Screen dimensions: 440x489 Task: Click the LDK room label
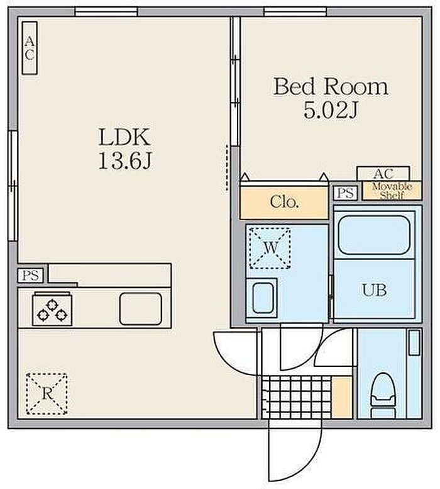[124, 137]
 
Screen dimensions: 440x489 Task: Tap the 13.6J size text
[124, 160]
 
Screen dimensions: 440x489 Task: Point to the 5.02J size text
[330, 110]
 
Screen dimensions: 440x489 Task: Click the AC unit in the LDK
[30, 48]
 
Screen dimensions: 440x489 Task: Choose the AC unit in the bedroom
[383, 174]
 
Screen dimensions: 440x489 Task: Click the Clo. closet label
[284, 202]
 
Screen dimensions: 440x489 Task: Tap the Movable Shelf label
[392, 191]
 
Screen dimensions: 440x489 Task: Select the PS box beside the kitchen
[30, 276]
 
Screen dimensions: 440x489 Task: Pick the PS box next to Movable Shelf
[346, 193]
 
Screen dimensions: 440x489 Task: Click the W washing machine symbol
[270, 248]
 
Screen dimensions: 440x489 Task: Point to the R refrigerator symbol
[47, 393]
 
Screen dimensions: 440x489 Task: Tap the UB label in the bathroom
[375, 290]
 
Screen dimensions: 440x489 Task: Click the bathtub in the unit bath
[374, 235]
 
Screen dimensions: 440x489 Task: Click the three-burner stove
[52, 310]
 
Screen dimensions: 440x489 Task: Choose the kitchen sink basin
[141, 309]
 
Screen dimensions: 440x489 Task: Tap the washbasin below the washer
[261, 298]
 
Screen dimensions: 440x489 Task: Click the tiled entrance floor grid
[296, 397]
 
